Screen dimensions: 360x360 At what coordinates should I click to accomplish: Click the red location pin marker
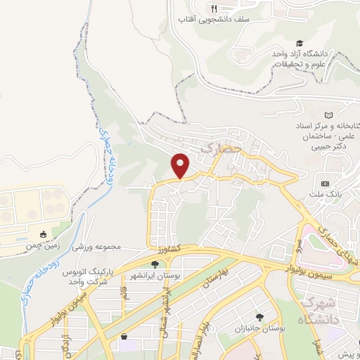(181, 165)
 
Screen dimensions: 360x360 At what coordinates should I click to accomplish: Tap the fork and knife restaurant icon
(214, 8)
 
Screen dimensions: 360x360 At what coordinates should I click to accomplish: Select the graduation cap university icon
(300, 44)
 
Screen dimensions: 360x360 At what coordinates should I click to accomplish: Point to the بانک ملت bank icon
(324, 175)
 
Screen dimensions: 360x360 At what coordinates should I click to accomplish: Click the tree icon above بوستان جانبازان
(261, 316)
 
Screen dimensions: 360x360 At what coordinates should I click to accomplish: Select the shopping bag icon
(124, 337)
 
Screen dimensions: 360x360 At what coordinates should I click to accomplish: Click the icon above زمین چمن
(44, 235)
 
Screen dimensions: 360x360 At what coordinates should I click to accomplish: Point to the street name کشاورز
(169, 249)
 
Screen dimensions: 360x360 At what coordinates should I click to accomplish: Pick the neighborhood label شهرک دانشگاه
(319, 310)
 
